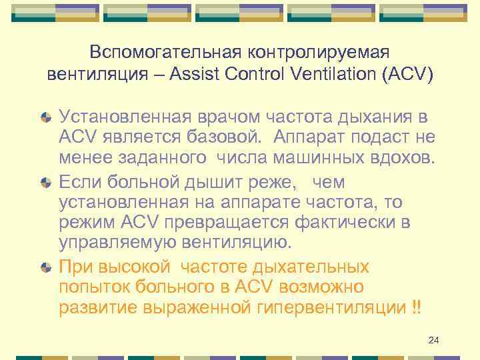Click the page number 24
(x=434, y=341)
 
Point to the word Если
(x=78, y=181)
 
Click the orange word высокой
(x=129, y=267)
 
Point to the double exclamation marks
(x=417, y=309)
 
